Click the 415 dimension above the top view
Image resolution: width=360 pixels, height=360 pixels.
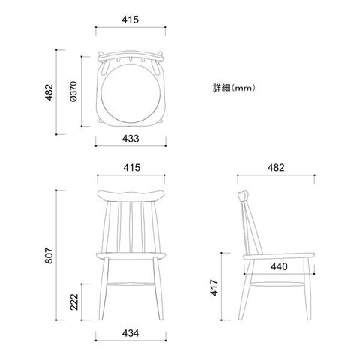130,19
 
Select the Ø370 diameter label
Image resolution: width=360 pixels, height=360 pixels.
74,91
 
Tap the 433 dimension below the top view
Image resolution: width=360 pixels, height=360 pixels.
130,139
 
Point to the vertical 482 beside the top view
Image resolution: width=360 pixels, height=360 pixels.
49,92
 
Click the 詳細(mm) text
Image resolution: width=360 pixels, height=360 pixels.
234,88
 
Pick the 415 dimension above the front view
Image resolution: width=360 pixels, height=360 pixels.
131,168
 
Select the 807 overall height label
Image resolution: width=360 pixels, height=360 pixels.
49,255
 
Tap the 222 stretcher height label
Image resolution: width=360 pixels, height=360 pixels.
74,301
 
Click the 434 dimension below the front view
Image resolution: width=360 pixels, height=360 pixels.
130,333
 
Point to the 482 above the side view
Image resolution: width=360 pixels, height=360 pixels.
276,168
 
